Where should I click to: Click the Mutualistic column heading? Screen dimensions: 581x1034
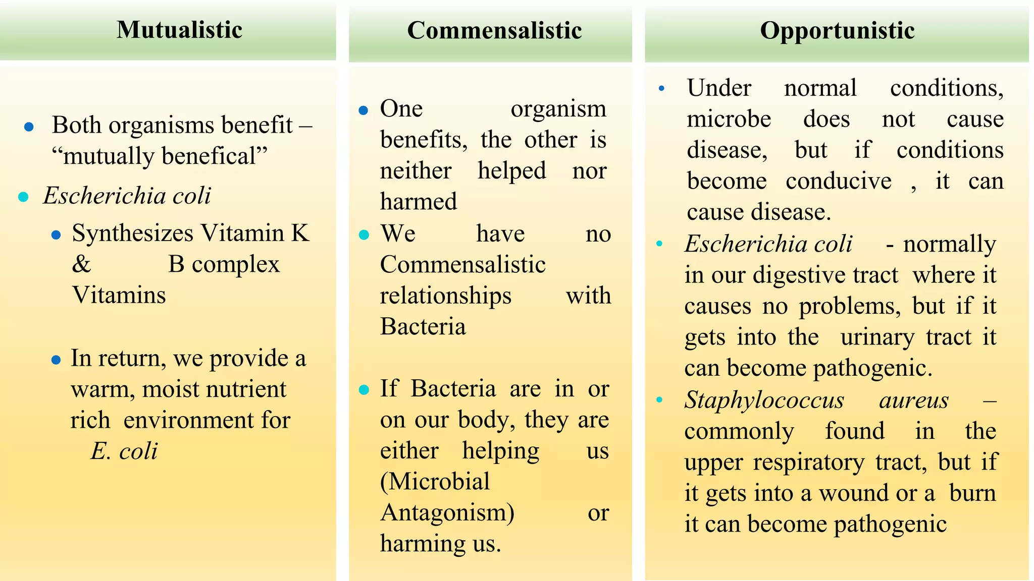coord(179,30)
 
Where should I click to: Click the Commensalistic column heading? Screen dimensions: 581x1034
coord(494,30)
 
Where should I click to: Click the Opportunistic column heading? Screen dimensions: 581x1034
coord(837,30)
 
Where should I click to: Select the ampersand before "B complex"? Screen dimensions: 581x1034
coord(81,264)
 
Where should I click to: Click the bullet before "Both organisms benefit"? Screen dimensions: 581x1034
coord(29,127)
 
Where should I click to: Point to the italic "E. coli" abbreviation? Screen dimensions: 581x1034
coord(124,451)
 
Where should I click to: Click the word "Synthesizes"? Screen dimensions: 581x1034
coord(133,234)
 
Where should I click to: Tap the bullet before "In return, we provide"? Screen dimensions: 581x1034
coord(56,360)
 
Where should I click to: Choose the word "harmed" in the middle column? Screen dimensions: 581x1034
coord(419,201)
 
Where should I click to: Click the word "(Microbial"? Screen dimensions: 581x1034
coord(435,481)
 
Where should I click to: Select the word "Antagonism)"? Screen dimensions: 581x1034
coord(447,512)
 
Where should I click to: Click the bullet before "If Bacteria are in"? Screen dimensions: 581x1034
coord(364,390)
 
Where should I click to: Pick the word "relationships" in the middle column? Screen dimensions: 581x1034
coord(445,296)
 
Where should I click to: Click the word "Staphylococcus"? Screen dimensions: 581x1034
coord(764,400)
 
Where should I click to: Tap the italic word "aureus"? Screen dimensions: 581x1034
coord(914,400)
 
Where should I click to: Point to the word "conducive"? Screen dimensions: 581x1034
coord(839,181)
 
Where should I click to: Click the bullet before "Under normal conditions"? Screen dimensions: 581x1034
coord(661,89)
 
